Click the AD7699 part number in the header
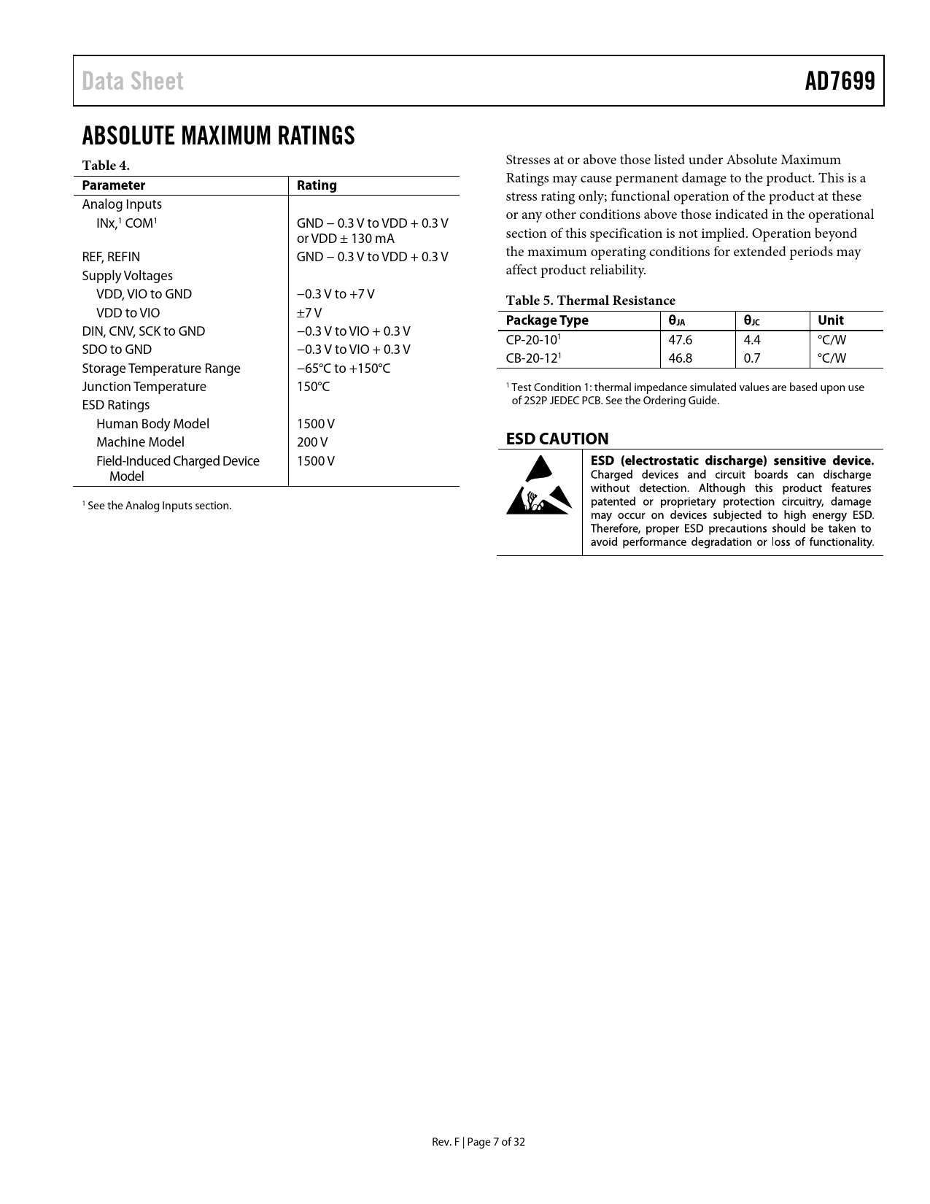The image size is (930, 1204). click(x=840, y=81)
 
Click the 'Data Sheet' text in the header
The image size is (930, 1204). click(x=133, y=81)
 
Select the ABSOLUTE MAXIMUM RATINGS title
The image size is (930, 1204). click(x=218, y=136)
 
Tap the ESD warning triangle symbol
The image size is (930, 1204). click(x=539, y=485)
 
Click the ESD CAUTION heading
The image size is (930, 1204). click(x=557, y=439)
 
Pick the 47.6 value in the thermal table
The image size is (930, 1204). click(x=680, y=340)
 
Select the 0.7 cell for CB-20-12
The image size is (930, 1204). click(x=751, y=358)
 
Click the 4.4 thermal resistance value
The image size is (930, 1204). click(x=751, y=340)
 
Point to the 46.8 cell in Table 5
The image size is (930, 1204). click(x=680, y=358)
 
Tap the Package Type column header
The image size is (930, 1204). click(x=546, y=320)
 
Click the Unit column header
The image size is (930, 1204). click(x=830, y=320)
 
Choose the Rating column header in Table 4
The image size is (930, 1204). click(x=317, y=185)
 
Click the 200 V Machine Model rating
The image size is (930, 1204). click(x=312, y=442)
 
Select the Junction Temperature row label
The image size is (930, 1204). click(x=144, y=387)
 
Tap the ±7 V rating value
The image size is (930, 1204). click(x=309, y=313)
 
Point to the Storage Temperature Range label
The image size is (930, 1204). click(x=160, y=368)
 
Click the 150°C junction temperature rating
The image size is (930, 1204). click(x=313, y=387)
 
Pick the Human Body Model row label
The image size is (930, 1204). click(x=152, y=424)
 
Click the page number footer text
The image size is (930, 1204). click(x=478, y=1142)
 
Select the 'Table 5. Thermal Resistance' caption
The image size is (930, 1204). click(x=590, y=301)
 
